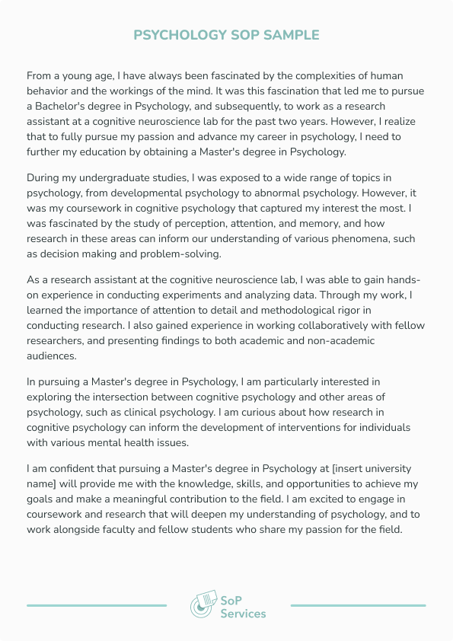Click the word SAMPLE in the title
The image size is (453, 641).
pyautogui.click(x=292, y=35)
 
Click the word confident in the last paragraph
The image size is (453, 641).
pyautogui.click(x=61, y=468)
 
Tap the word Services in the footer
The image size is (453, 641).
pyautogui.click(x=244, y=614)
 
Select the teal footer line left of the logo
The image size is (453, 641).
pyautogui.click(x=97, y=605)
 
